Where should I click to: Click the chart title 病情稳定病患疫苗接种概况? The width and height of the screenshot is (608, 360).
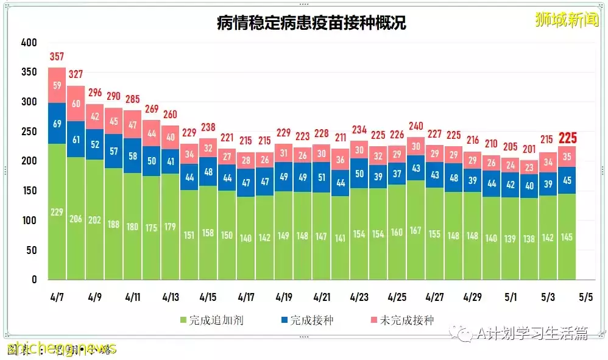[x=311, y=23]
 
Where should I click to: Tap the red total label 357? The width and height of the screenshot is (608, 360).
[x=57, y=57]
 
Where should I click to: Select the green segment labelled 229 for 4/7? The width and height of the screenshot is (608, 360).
[x=57, y=211]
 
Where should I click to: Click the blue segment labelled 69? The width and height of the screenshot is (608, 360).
[x=57, y=124]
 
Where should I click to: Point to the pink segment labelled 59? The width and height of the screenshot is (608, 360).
[x=57, y=85]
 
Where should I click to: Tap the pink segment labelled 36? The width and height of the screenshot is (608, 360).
[x=340, y=160]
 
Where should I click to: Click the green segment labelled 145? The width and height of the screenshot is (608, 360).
[x=567, y=236]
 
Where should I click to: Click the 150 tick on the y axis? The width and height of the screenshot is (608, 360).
[x=29, y=191]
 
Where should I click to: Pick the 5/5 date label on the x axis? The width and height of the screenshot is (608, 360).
[x=585, y=298]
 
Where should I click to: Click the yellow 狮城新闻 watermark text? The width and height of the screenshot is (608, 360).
[x=557, y=19]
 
